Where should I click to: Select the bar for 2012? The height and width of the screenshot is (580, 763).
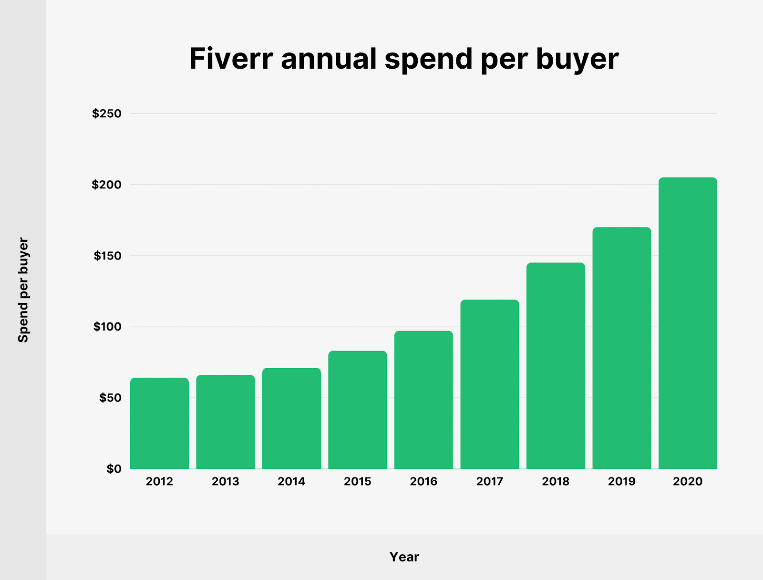point(159,423)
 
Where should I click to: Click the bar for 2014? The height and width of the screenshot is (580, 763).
point(291,418)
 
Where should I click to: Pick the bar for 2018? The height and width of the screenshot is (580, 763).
point(556,366)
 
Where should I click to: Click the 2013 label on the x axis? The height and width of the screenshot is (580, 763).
point(226,481)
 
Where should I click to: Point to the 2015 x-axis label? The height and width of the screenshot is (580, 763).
point(358,481)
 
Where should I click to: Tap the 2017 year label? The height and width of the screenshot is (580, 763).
point(490,481)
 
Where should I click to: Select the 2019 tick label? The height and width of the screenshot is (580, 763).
point(622,481)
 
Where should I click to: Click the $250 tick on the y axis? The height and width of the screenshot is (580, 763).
point(107,114)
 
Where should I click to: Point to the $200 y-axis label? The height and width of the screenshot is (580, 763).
point(107,185)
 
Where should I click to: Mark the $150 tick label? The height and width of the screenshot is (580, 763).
point(108,256)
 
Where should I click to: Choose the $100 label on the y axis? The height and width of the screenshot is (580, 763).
point(108,327)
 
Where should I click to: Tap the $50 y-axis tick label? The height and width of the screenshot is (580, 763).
point(110,398)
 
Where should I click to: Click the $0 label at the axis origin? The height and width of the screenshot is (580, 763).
point(114,469)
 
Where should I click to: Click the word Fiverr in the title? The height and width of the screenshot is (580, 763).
point(231,59)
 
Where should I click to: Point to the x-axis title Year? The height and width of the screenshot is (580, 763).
point(404,557)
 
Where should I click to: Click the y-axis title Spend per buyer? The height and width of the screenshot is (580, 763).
point(23,290)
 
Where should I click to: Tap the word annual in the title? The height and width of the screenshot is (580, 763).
point(329,59)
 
